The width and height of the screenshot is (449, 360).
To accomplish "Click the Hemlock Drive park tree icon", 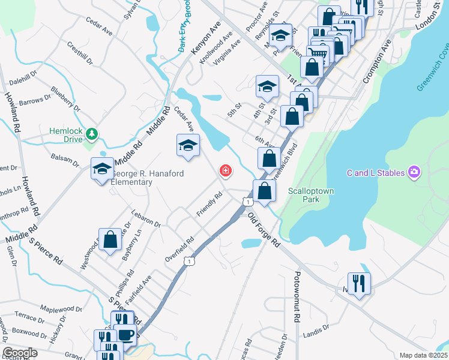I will [91, 133].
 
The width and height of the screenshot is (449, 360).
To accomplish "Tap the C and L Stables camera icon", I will [414, 173].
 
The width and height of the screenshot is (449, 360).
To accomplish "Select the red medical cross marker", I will [226, 172].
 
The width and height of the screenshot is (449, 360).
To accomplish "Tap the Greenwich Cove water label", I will [432, 70].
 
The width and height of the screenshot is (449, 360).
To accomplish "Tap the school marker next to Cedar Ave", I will [188, 145].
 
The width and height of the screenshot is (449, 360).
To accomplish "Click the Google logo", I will [20, 353].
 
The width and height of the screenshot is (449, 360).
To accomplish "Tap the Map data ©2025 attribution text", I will [423, 355].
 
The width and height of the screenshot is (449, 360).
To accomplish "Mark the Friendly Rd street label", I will [209, 205].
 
